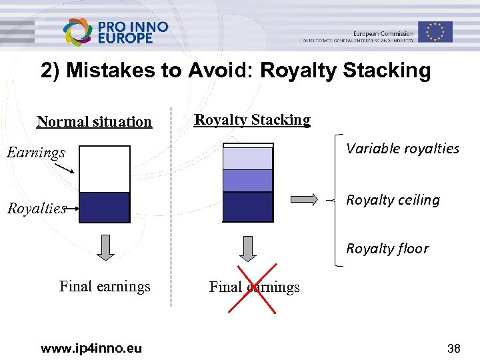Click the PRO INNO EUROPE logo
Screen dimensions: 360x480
(115, 31)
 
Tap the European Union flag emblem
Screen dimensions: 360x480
(435, 31)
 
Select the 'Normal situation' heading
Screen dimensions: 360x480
(94, 121)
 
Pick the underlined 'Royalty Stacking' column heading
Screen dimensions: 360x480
(252, 120)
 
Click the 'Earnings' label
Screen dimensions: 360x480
(36, 153)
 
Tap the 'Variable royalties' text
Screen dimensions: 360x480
(402, 149)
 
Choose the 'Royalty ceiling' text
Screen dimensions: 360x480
(393, 200)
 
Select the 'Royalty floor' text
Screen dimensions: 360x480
(387, 249)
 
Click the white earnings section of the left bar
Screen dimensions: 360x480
(104, 169)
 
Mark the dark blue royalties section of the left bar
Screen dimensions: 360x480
(104, 207)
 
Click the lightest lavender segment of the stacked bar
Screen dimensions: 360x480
(247, 159)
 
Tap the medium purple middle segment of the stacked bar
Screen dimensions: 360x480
(247, 181)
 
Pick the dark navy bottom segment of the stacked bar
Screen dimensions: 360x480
(247, 207)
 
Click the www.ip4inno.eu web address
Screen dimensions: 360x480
(91, 348)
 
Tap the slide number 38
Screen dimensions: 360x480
(453, 348)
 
